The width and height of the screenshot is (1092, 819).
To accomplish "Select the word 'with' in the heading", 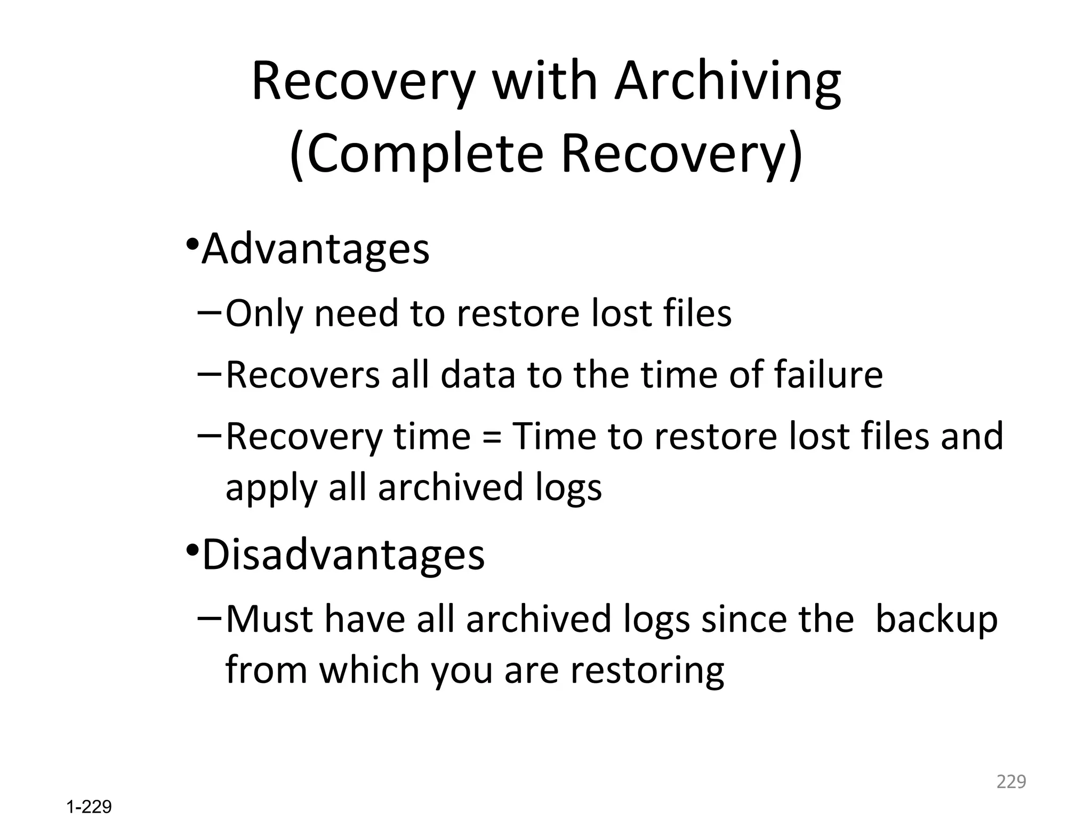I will [544, 81].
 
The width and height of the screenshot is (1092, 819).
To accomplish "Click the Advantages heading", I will [316, 249].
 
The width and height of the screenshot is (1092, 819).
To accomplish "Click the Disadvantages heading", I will [343, 555].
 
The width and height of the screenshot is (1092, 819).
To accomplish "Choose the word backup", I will [936, 619].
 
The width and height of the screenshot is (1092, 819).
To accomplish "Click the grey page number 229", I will [1011, 782].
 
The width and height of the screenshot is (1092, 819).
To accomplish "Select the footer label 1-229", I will [89, 807].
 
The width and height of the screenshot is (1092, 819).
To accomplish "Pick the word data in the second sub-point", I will [477, 374].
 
